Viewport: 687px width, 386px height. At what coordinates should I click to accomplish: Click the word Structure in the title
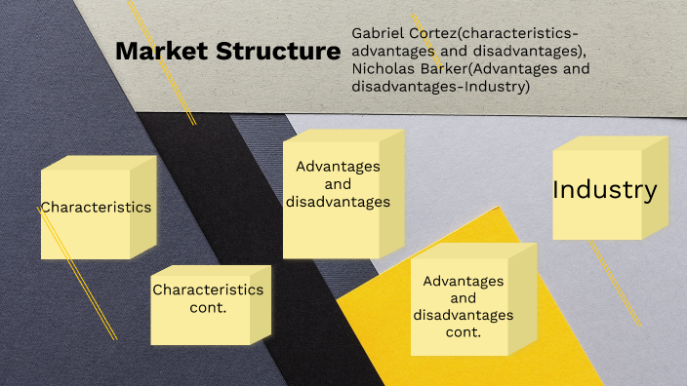point(270,52)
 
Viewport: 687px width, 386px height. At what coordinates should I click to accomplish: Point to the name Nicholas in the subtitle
point(386,70)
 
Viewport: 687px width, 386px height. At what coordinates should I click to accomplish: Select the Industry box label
point(605,190)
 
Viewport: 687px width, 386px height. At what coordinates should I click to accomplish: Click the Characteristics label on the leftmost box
point(96,207)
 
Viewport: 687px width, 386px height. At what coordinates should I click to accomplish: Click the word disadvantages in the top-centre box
point(339,202)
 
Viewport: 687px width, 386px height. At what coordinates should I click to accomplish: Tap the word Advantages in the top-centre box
point(339,167)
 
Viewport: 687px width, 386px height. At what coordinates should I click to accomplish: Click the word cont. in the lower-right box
point(465,332)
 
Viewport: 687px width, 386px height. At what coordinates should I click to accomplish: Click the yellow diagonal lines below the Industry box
point(616,284)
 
